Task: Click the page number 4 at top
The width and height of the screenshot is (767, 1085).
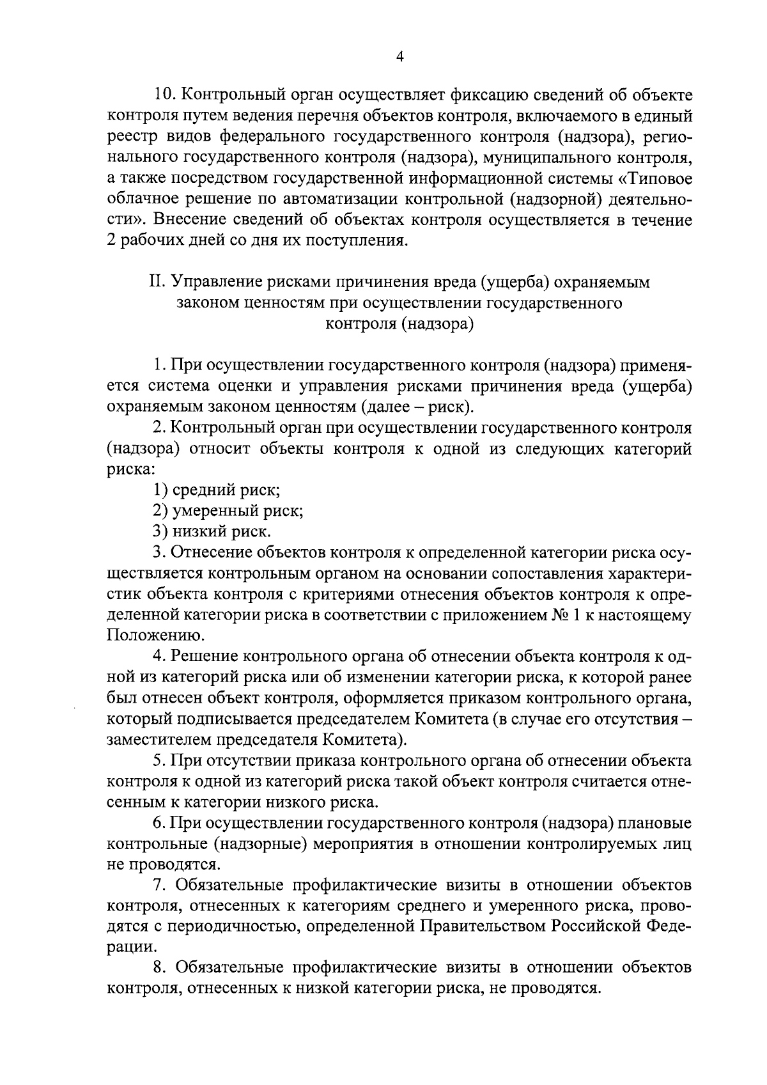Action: tap(400, 57)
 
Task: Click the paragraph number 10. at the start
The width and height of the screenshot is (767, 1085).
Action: tap(166, 95)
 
